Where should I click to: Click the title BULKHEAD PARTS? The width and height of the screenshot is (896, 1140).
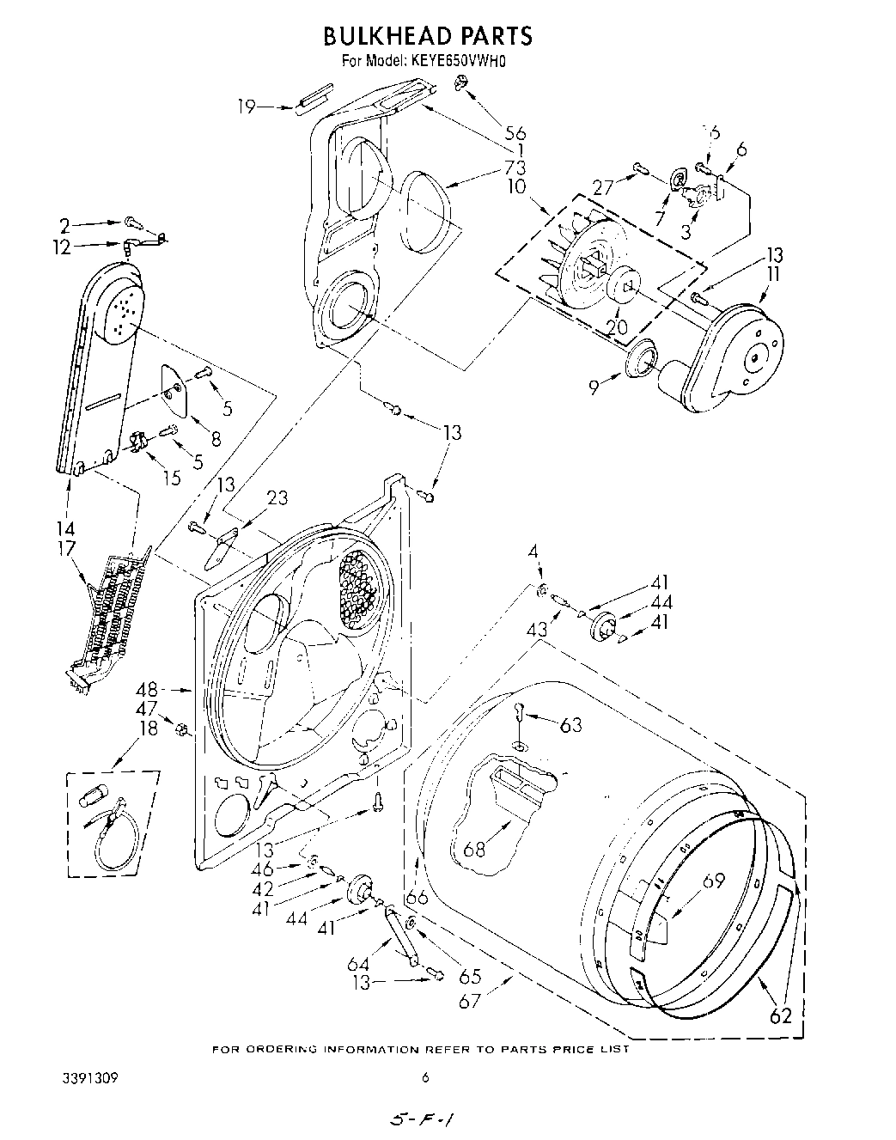(x=427, y=35)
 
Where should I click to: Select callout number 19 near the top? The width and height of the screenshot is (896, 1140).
(x=247, y=107)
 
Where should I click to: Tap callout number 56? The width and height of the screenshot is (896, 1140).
(x=515, y=132)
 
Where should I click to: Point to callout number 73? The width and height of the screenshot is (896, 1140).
(x=515, y=168)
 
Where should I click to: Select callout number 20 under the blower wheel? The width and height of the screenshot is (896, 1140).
(x=618, y=326)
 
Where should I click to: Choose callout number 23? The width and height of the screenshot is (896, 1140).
(x=277, y=497)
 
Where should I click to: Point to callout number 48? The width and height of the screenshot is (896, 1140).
(x=147, y=689)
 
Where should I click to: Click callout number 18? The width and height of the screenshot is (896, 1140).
(x=149, y=728)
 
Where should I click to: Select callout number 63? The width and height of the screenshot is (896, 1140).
(x=570, y=726)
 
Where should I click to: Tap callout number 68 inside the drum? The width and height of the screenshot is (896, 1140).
(x=474, y=850)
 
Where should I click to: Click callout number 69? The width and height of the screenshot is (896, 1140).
(x=713, y=881)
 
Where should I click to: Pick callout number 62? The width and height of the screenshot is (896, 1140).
(x=779, y=1015)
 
